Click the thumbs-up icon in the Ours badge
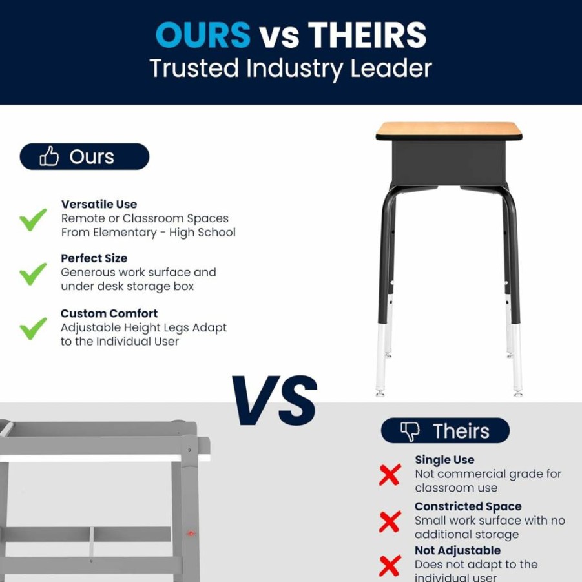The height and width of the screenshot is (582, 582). click(49, 156)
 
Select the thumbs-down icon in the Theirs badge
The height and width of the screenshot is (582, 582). click(410, 431)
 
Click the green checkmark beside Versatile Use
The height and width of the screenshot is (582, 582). click(33, 220)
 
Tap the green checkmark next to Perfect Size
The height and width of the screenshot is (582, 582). click(33, 273)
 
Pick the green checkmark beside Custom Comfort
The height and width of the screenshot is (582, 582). click(33, 328)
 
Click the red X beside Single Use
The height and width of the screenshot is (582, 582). click(390, 474)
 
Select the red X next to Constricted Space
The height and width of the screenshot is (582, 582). click(390, 521)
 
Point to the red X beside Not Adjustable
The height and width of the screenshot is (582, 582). click(390, 566)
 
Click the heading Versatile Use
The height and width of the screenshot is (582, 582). click(99, 204)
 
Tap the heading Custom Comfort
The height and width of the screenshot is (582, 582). click(109, 313)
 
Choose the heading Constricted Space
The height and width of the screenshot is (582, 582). click(468, 506)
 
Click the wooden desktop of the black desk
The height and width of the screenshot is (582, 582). click(449, 129)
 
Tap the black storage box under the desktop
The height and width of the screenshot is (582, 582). click(449, 163)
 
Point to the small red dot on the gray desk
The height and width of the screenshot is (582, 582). click(191, 534)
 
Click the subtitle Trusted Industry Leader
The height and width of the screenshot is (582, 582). click(291, 68)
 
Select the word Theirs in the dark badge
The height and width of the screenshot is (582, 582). click(461, 431)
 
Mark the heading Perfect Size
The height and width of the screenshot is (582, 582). click(94, 258)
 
